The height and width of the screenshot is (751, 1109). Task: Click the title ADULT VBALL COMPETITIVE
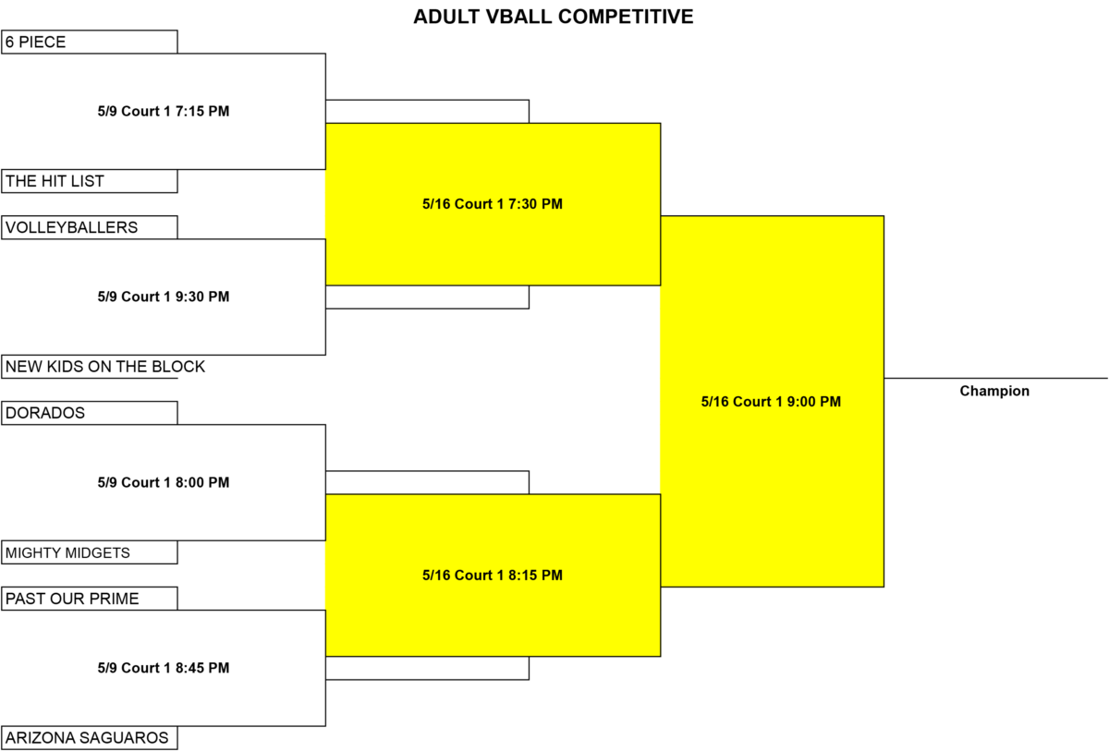coord(553,17)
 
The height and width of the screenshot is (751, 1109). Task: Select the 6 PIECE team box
coord(89,42)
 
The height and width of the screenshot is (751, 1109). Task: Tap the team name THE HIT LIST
coord(55,181)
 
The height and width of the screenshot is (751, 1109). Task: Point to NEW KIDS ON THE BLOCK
coord(105,367)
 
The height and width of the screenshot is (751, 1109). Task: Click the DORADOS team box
coord(89,413)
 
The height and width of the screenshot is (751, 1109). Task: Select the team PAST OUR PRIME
coord(72,599)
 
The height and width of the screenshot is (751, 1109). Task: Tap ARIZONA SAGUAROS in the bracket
coord(87,738)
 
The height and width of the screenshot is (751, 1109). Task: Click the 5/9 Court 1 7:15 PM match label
coord(164,111)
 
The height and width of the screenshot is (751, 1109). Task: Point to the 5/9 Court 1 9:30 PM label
coord(164,297)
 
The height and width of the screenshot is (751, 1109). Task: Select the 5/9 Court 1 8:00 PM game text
coord(164,482)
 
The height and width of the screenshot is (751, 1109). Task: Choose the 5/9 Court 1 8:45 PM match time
coord(164,668)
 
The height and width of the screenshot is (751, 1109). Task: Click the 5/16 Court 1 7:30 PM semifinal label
coord(493,204)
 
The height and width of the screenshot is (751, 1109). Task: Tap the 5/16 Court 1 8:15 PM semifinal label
coord(493,575)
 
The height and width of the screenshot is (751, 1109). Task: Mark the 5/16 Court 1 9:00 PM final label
coord(771,401)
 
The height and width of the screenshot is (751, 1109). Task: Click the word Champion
coord(994,391)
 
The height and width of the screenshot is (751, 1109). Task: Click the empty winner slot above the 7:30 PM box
coord(427,112)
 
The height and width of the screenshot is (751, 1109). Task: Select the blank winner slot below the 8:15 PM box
coord(427,668)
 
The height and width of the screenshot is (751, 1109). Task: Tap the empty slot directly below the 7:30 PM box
coord(427,297)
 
